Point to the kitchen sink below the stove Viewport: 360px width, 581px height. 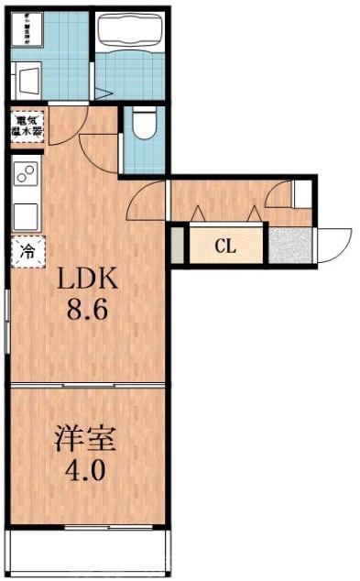click(x=26, y=215)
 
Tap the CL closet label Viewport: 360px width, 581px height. click(x=226, y=246)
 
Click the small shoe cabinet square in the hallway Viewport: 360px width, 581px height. click(x=300, y=193)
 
